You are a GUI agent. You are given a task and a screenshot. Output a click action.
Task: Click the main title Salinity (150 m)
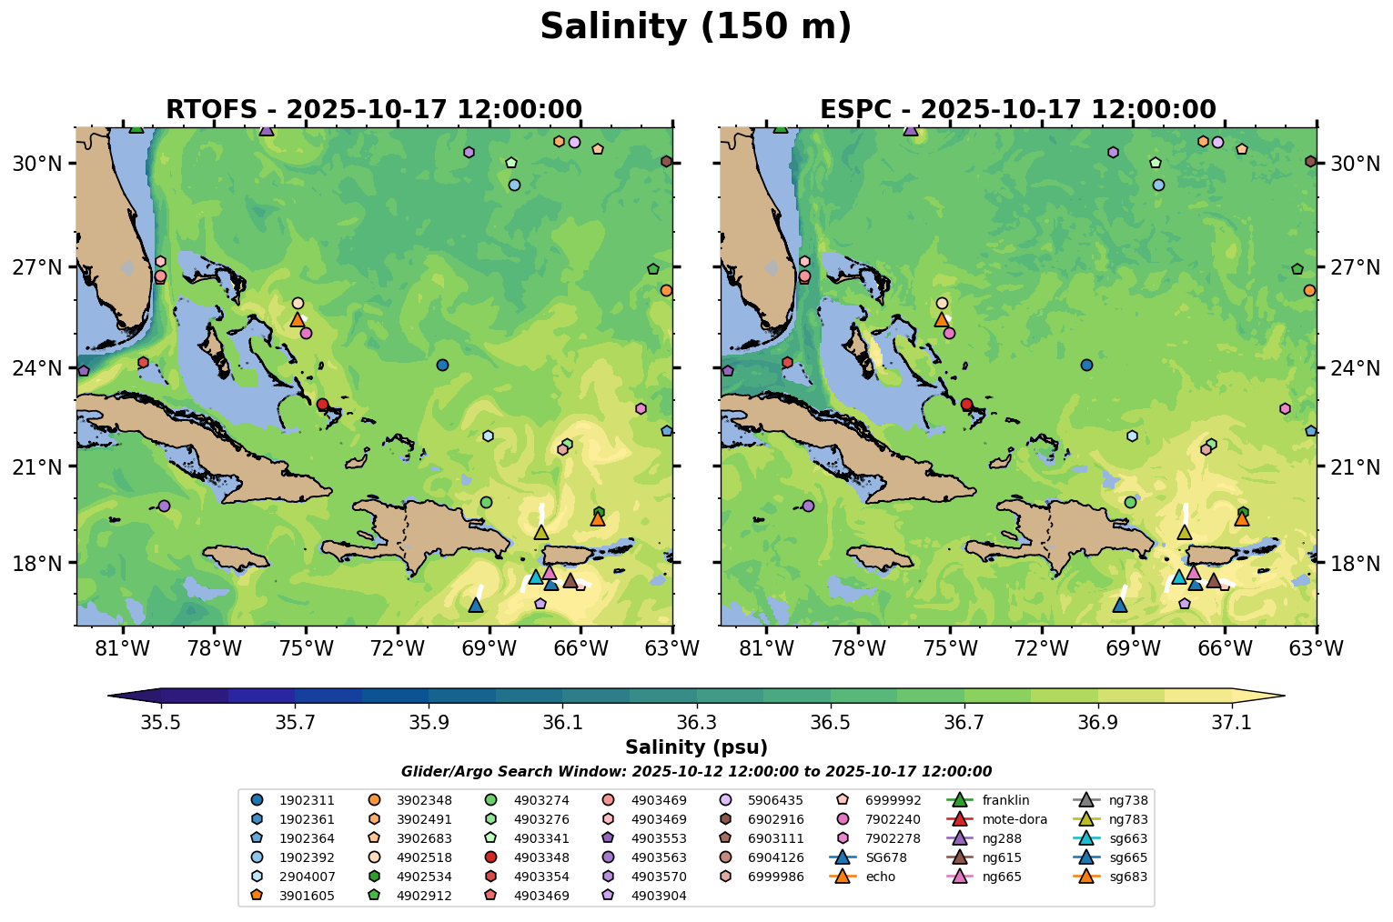pyautogui.click(x=695, y=27)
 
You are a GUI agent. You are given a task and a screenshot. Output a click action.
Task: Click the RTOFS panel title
pyautogui.click(x=374, y=110)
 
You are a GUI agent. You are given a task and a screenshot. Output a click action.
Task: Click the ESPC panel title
pyautogui.click(x=1018, y=110)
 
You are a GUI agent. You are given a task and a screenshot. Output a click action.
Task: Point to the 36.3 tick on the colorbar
pyautogui.click(x=697, y=697)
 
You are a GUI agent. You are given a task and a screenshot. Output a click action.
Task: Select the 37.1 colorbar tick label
pyautogui.click(x=1232, y=722)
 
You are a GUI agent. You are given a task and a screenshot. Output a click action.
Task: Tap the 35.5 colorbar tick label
pyautogui.click(x=161, y=722)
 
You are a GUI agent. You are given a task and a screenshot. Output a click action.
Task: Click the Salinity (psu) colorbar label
pyautogui.click(x=696, y=747)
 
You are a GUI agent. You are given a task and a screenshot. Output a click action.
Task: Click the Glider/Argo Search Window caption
pyautogui.click(x=696, y=772)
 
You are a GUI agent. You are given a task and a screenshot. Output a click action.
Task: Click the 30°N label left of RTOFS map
pyautogui.click(x=36, y=164)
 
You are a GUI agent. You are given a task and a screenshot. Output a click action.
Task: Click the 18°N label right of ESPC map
pyautogui.click(x=1356, y=563)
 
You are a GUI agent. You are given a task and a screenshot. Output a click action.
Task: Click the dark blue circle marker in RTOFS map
pyautogui.click(x=442, y=365)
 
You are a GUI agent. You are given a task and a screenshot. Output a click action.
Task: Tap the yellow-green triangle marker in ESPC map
pyautogui.click(x=1185, y=533)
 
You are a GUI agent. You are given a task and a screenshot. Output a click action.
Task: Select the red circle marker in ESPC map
pyautogui.click(x=966, y=404)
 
